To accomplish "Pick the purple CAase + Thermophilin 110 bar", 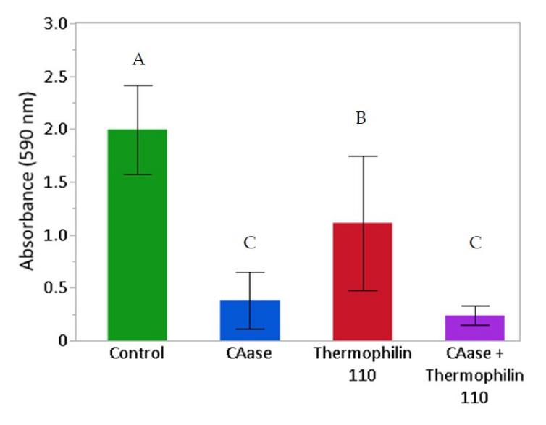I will (x=475, y=328).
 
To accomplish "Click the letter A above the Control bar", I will (x=138, y=59).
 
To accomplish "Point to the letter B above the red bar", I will (x=361, y=118).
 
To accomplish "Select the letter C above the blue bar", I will (x=250, y=243).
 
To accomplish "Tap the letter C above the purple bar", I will (x=475, y=243).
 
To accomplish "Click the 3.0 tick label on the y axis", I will (x=56, y=24).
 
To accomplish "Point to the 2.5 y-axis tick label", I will (x=56, y=77).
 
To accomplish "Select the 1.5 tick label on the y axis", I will (x=56, y=182).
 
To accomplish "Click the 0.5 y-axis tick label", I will (x=56, y=288).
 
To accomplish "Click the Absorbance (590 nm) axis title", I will (x=27, y=181).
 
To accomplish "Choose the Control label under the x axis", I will (x=137, y=355).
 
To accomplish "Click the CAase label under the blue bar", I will (x=250, y=355).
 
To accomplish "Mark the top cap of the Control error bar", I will (x=137, y=85).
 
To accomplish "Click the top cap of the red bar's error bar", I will (x=362, y=156).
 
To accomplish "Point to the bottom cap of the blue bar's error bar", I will (x=250, y=329).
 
